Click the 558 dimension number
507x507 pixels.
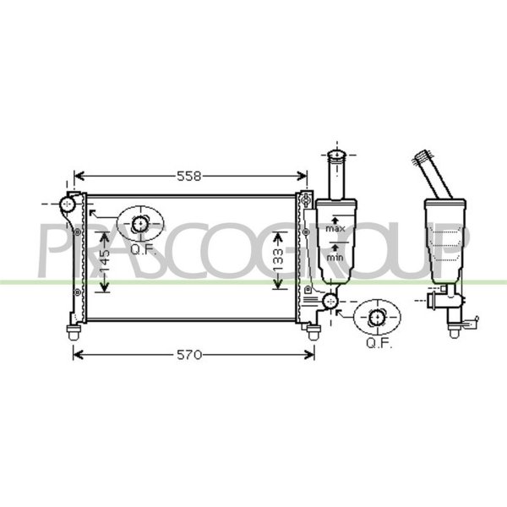point(189,177)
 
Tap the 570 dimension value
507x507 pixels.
point(189,355)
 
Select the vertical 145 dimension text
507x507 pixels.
point(105,263)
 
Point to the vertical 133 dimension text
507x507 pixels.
point(278,260)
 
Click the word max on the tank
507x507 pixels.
point(335,229)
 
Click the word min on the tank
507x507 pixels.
point(335,258)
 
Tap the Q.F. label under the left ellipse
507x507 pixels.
point(144,249)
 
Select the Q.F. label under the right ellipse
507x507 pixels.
point(379,343)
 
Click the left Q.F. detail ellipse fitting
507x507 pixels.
point(140,223)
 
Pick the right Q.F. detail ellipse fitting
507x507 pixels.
point(377,317)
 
